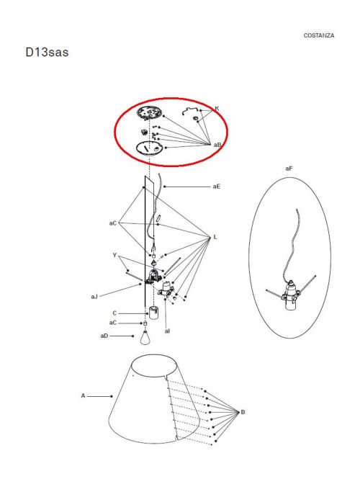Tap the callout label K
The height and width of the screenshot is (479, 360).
(217, 109)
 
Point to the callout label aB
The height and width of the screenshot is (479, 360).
(217, 145)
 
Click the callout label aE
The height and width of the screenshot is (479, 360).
(216, 187)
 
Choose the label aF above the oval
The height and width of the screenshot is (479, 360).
(289, 168)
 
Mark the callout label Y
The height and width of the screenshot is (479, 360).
(114, 255)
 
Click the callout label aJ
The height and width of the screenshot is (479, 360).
(94, 296)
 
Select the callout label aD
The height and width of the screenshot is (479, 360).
(104, 336)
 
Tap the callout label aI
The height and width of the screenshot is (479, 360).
(167, 331)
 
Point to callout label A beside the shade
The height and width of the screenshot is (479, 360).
(83, 395)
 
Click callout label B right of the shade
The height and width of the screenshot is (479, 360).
(243, 412)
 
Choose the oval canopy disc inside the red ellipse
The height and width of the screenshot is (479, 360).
(151, 148)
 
